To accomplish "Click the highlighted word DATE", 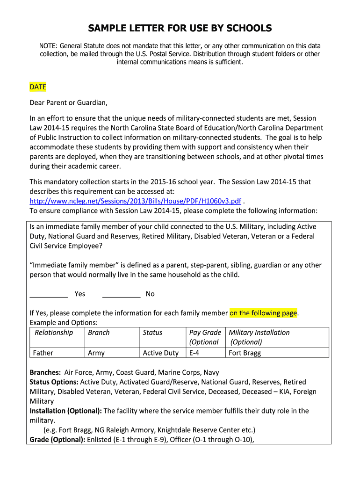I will (38, 87).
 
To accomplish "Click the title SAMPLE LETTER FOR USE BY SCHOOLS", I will (180, 29).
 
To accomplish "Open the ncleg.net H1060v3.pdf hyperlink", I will (136, 201).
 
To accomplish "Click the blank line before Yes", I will (49, 294).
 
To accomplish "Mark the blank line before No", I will (121, 294).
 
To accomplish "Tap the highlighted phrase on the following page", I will (264, 313).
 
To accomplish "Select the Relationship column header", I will (54, 333).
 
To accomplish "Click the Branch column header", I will (99, 333).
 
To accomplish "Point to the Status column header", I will (152, 333).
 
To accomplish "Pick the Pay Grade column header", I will (205, 333).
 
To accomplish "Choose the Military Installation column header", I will (259, 333).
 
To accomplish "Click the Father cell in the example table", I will (43, 353).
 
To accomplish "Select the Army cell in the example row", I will (96, 353).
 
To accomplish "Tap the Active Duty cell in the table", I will (161, 353).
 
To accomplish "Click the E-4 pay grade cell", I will (194, 353).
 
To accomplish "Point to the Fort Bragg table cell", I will (245, 353).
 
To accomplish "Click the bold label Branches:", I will (45, 373).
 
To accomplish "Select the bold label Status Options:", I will (54, 382).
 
